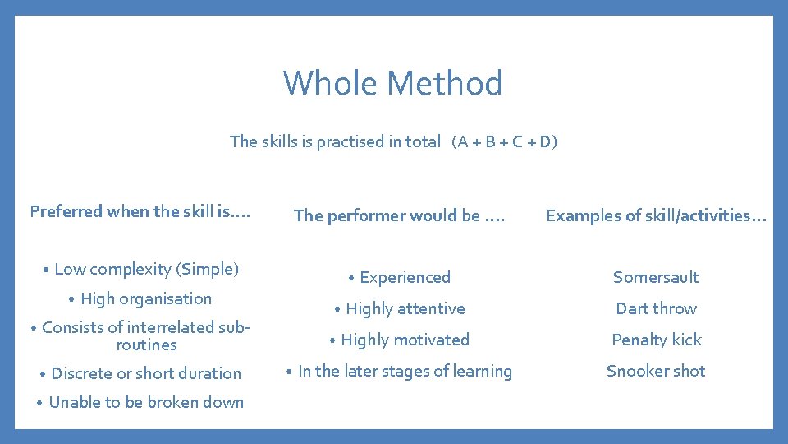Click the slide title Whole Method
(393, 83)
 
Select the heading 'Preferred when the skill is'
(140, 211)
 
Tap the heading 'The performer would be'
(400, 215)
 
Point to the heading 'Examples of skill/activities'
(656, 215)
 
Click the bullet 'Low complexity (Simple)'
(146, 269)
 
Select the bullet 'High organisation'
(146, 298)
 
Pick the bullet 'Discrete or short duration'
(146, 373)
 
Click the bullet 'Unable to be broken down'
(146, 402)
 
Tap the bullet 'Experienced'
(405, 277)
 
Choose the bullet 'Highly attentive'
(405, 308)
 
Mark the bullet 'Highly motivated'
(405, 340)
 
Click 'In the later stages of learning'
(405, 371)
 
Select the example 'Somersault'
(656, 277)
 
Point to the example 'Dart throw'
(656, 308)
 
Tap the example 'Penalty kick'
(656, 340)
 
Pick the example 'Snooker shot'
(656, 371)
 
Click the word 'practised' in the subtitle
(350, 141)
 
